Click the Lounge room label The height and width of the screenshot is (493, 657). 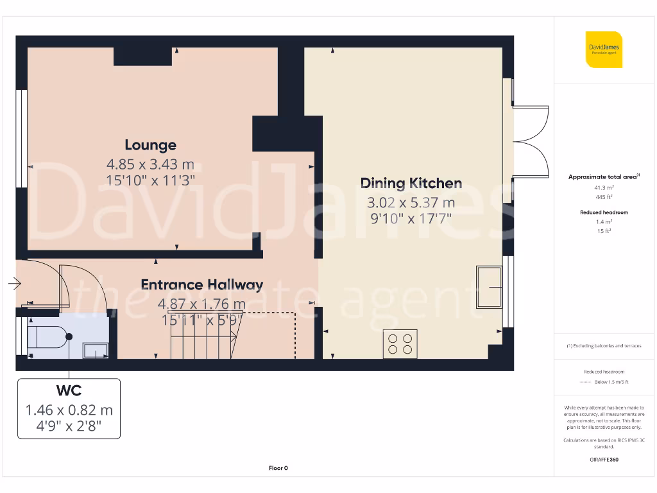(150, 145)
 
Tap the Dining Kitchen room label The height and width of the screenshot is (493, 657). (411, 184)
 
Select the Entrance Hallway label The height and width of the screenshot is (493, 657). (202, 285)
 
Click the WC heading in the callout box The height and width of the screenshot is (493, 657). (69, 390)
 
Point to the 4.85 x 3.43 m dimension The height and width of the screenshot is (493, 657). (150, 164)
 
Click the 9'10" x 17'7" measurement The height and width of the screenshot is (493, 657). (411, 218)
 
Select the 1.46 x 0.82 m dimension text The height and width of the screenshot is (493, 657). (69, 410)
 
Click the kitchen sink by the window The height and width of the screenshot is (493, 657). (489, 289)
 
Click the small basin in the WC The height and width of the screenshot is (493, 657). (96, 349)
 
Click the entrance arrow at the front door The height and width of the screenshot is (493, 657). (15, 283)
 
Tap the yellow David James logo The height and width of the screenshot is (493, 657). (604, 49)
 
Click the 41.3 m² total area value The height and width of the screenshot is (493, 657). (604, 187)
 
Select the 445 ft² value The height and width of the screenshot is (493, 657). (604, 197)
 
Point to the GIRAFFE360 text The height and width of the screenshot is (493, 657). (604, 460)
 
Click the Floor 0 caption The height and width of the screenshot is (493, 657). (278, 468)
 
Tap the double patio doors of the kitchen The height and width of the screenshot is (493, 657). (529, 142)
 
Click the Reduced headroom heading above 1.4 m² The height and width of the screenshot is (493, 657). (604, 212)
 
